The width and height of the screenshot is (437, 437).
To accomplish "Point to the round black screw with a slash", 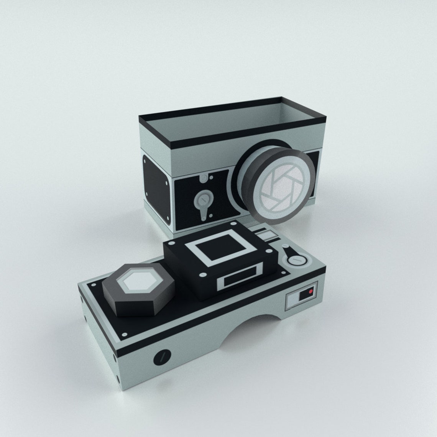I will [x=162, y=357].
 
